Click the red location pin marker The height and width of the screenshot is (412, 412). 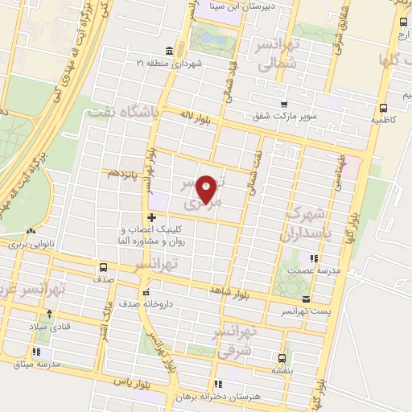pos(207,190)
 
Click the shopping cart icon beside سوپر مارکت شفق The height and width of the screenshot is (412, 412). pos(283,103)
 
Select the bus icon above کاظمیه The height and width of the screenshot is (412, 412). pos(382,108)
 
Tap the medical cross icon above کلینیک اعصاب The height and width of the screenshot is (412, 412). pos(151,217)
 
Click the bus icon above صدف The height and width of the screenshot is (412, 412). pos(103,267)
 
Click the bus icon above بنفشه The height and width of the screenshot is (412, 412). pos(281,359)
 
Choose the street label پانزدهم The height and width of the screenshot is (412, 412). pos(120,173)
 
